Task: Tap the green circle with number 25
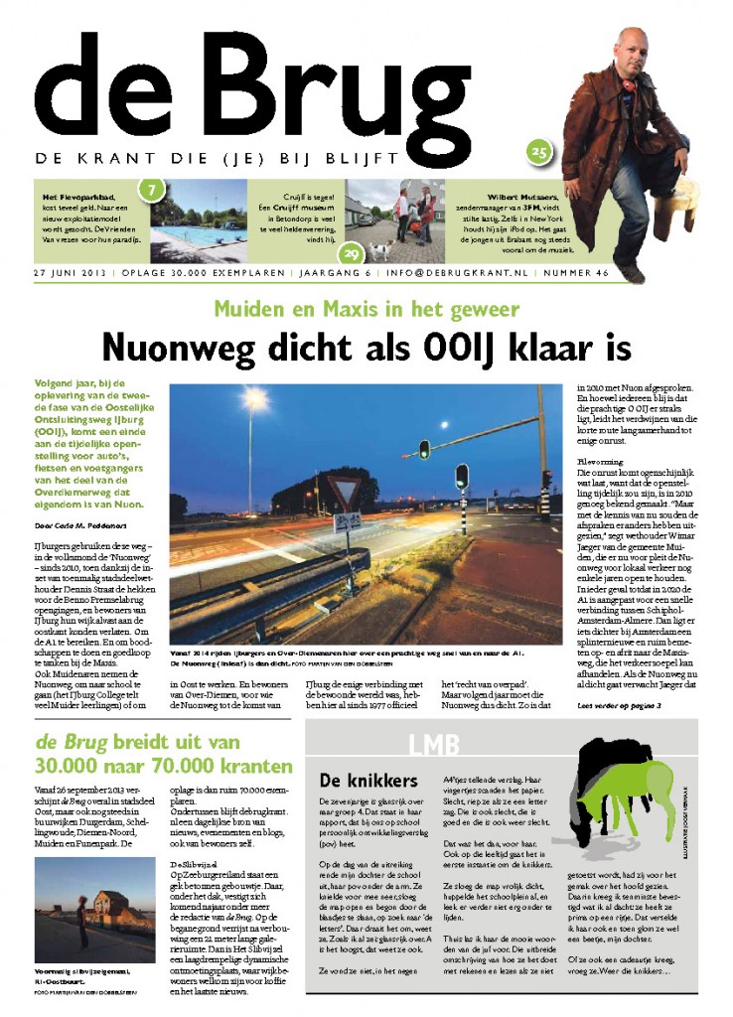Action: coord(538,152)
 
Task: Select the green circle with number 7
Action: coord(150,188)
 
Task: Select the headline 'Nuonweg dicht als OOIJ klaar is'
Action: coord(366,347)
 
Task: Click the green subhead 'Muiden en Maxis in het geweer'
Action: coord(366,308)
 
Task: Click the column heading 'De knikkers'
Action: coord(355,780)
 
